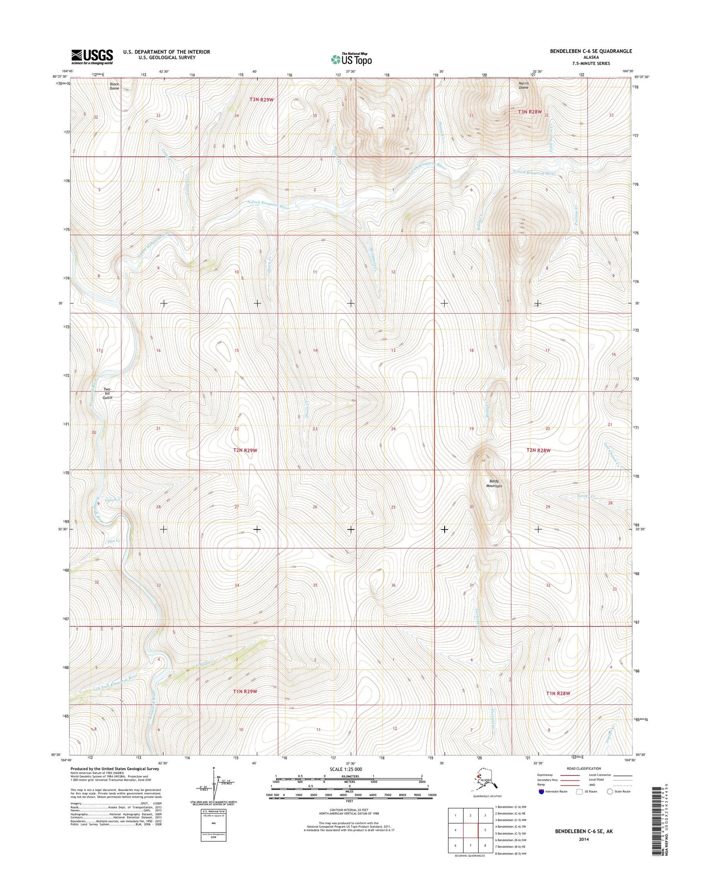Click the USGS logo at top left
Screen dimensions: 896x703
point(92,56)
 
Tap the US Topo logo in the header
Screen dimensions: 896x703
point(351,59)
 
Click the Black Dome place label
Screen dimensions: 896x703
point(114,86)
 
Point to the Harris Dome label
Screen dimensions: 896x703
point(523,85)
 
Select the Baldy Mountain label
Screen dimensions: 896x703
point(494,484)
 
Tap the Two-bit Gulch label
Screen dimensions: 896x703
point(108,394)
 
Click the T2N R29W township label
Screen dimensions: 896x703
point(245,450)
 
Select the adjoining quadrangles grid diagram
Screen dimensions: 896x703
point(470,830)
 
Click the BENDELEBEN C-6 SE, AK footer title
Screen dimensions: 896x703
point(584,831)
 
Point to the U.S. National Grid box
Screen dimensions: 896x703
point(213,825)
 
